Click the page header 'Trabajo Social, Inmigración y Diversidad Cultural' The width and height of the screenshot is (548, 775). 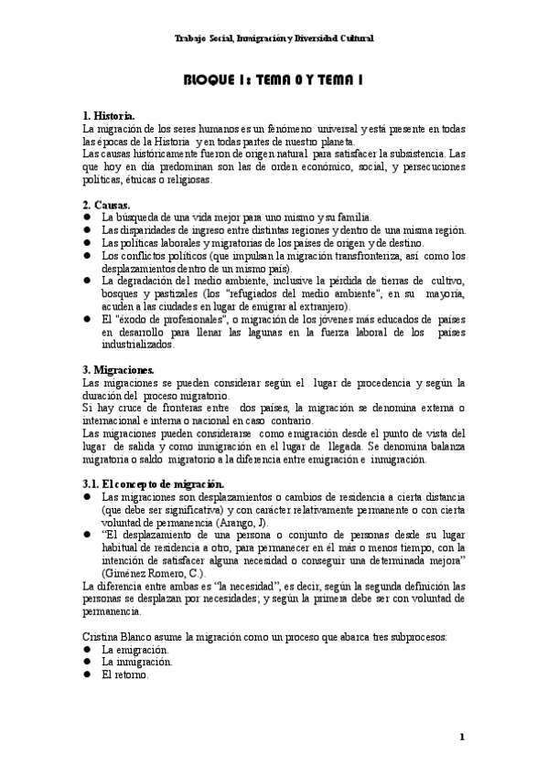(274, 38)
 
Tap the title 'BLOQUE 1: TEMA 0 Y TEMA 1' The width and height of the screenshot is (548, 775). (274, 80)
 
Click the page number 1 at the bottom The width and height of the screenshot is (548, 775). (463, 737)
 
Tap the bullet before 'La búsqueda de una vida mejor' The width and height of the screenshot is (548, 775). (87, 218)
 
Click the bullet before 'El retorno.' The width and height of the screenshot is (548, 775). (87, 674)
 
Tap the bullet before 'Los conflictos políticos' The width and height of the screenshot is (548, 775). (87, 256)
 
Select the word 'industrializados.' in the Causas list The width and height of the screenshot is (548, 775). (136, 345)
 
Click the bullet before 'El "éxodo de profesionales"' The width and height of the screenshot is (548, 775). (87, 320)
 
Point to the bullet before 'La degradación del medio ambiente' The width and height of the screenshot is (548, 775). (87, 281)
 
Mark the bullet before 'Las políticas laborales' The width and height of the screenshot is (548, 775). (87, 243)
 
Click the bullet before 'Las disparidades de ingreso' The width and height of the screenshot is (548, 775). (87, 230)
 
